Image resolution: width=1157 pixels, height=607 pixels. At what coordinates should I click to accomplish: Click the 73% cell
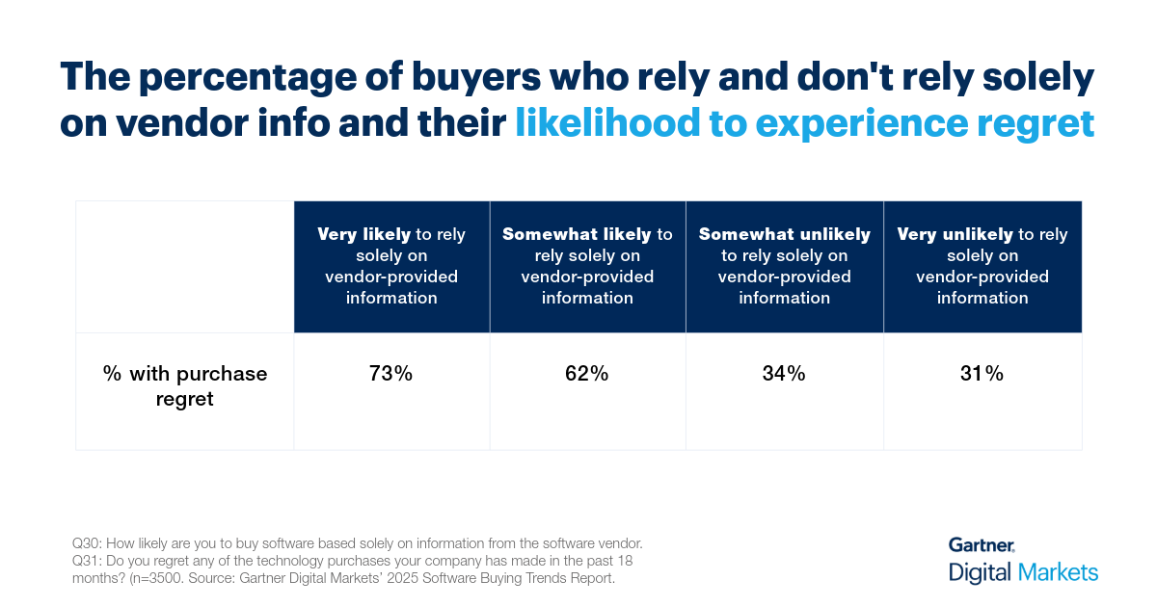coord(390,374)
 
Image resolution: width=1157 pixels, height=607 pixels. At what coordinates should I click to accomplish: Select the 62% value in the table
coord(586,374)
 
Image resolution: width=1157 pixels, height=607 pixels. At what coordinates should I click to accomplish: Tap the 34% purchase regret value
coord(784,374)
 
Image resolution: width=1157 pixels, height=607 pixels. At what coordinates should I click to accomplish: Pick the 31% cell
coord(982,374)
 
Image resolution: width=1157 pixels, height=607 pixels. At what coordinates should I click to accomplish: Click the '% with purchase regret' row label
coord(184,385)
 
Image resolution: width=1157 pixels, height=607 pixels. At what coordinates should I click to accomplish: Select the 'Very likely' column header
coord(391,266)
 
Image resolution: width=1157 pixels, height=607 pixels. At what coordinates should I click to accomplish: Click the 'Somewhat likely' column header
coord(587,266)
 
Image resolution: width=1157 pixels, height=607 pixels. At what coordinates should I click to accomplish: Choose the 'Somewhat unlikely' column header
coord(784,266)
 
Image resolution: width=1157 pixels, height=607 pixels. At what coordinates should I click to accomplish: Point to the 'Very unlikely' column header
coord(982,266)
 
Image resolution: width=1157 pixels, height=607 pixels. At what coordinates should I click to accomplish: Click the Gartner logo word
coord(981,545)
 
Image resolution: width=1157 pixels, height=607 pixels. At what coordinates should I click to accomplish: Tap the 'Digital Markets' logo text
coord(1023,572)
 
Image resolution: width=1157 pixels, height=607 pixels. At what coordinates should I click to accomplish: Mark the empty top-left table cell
coord(184,266)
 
